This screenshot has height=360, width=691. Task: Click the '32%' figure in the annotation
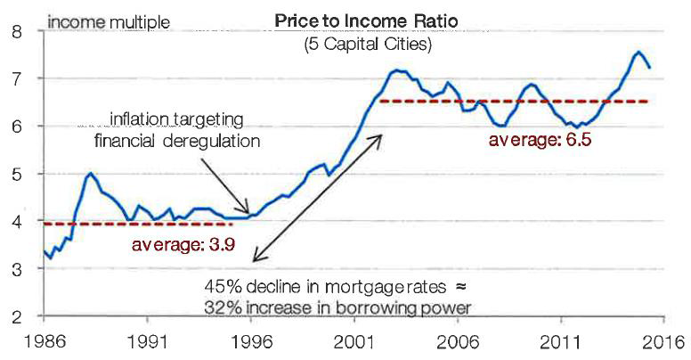click(x=219, y=307)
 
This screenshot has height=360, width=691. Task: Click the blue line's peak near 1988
click(x=89, y=175)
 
